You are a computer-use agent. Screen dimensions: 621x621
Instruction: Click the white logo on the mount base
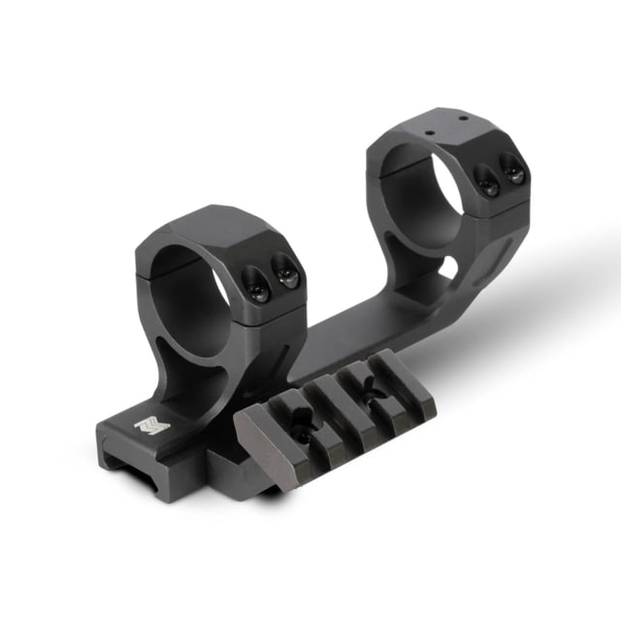tap(151, 425)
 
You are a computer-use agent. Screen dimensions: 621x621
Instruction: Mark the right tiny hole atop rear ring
tap(463, 118)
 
